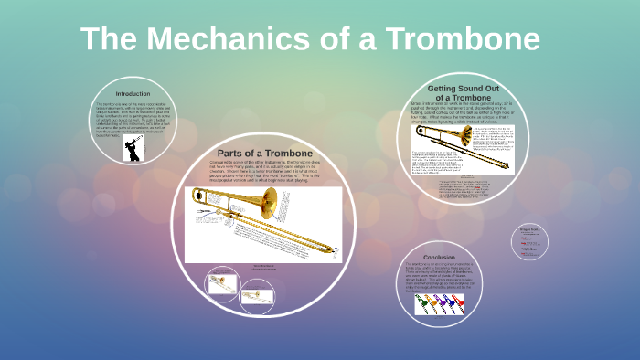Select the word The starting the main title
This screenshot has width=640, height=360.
(112, 39)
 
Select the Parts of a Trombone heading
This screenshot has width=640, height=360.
(264, 152)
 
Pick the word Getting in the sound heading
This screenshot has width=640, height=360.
(449, 88)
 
